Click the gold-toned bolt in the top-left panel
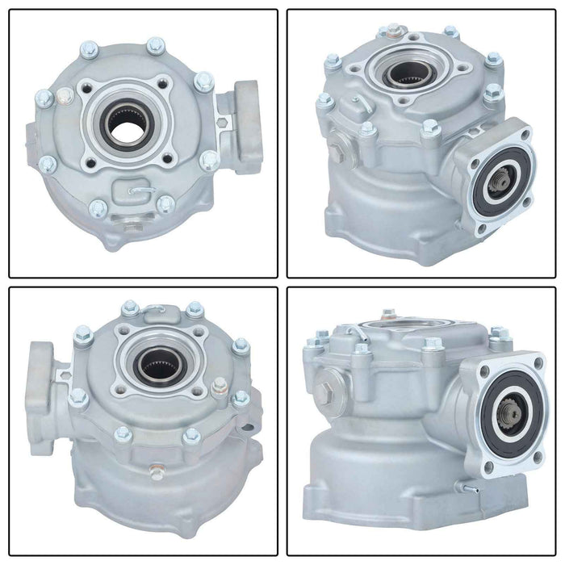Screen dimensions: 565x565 click(x=65, y=96)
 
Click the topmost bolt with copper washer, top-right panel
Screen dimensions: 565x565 click(x=393, y=30)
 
